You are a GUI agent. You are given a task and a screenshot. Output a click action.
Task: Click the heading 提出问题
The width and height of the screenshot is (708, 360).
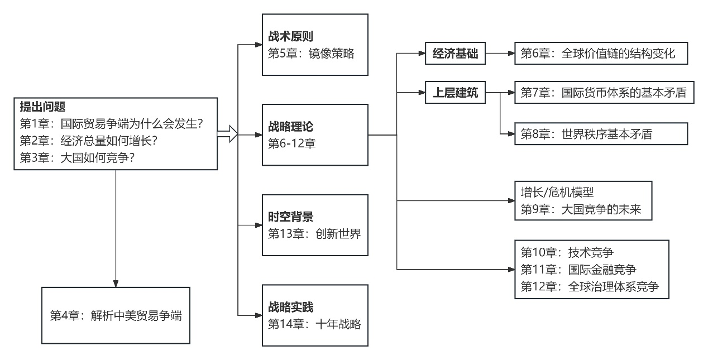pos(42,107)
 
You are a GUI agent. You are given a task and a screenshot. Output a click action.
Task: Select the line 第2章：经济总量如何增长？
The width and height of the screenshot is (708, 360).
pos(88,141)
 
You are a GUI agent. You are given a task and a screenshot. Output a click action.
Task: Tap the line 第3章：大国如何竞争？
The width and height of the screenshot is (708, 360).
pos(77,158)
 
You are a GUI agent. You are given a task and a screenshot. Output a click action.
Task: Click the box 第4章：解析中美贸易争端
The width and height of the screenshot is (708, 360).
pos(116,315)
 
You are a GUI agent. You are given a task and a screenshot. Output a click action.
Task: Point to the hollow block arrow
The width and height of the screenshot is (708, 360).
pos(228,134)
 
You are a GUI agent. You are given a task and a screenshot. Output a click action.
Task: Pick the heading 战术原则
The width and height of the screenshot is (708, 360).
pos(290,36)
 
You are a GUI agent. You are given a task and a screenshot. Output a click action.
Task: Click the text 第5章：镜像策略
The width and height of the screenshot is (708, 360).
pos(311,54)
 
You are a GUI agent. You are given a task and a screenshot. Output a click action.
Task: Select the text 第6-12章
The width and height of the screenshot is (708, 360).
pos(291,143)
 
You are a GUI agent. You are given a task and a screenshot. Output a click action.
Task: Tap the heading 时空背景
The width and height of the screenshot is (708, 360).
pos(290,217)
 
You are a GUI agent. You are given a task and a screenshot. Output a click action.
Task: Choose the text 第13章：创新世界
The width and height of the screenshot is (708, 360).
pos(314,234)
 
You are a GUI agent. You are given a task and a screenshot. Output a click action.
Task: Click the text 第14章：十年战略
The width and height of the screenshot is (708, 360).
pos(314,324)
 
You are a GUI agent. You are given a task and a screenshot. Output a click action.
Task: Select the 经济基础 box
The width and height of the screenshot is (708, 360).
pos(455,54)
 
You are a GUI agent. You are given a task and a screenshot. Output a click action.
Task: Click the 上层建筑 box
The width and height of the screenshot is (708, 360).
pos(455,93)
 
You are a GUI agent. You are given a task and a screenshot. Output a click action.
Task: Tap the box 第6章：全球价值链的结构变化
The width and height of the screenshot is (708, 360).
pos(601,54)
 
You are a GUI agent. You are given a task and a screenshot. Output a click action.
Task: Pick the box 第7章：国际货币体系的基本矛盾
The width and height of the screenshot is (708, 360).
pos(604,93)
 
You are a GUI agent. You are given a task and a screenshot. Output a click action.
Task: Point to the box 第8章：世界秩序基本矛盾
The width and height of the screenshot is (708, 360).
pos(601,134)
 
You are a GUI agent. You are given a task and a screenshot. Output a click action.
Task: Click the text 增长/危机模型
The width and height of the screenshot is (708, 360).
pos(557,192)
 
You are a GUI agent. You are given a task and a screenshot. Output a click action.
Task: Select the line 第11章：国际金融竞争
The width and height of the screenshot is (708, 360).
pos(578,270)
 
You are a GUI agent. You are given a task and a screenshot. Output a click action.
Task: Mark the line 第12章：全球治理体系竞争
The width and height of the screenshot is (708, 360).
pos(590,287)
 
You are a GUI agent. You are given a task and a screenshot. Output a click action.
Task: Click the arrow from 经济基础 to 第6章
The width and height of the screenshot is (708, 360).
pos(500,54)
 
